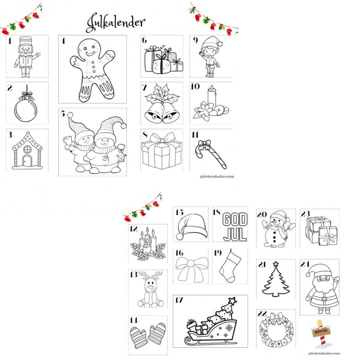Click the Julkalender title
point(115,22)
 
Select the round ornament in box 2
point(26,109)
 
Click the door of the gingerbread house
point(27,160)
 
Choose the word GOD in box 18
point(235,220)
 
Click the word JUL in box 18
point(235,234)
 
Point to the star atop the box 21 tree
point(276,263)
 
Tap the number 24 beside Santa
point(305,264)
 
